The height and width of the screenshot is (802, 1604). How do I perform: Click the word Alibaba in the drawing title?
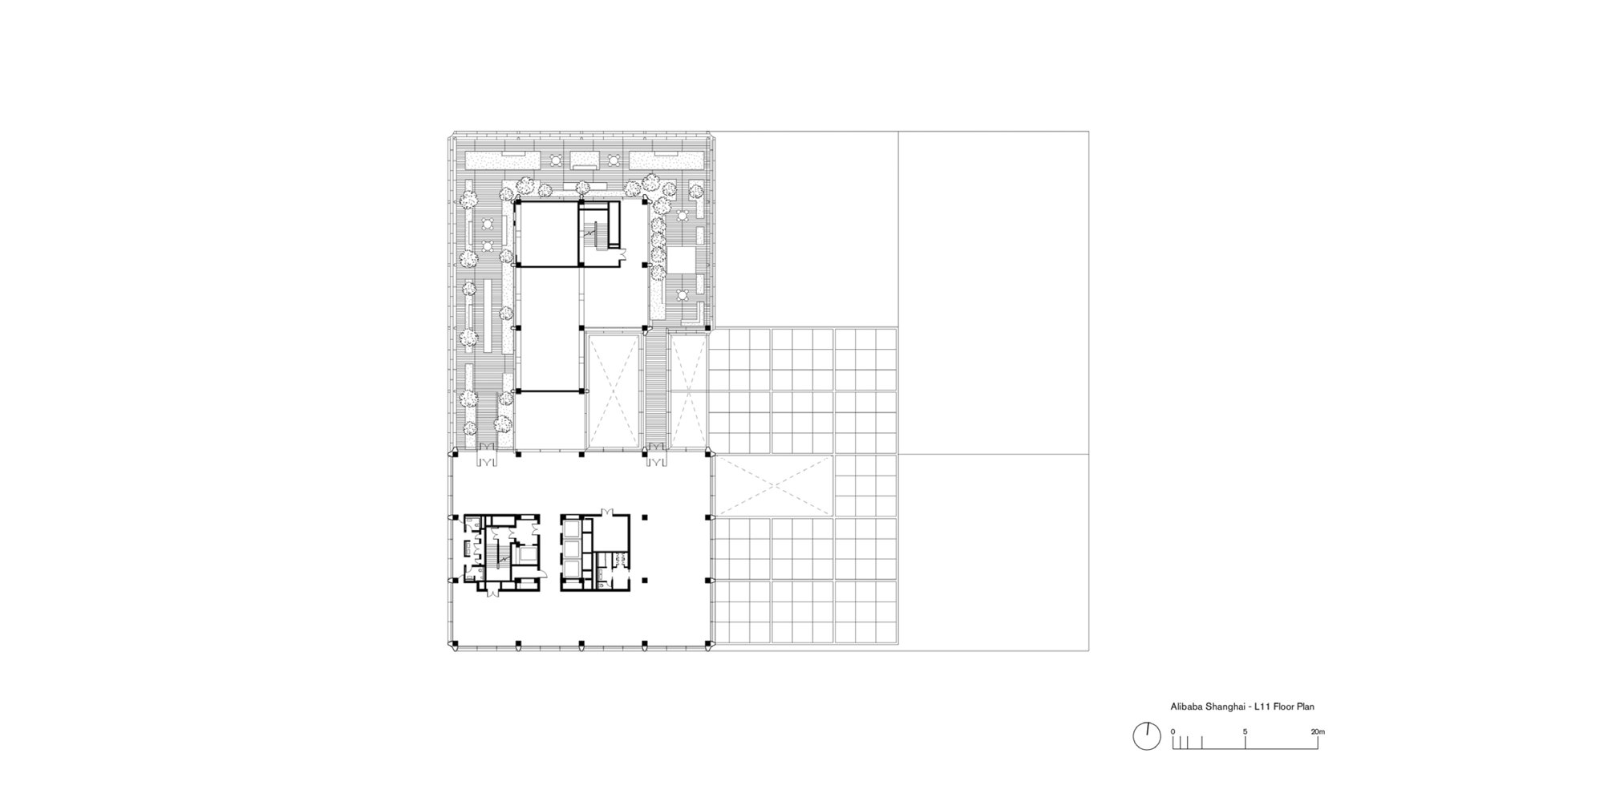1185,707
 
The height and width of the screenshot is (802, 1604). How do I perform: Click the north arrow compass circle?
1147,736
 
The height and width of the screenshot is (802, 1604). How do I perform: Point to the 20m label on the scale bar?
1318,731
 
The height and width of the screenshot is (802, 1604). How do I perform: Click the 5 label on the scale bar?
1246,731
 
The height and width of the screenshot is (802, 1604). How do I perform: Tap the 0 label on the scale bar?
1173,731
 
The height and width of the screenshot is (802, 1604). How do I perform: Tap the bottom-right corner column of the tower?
707,642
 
